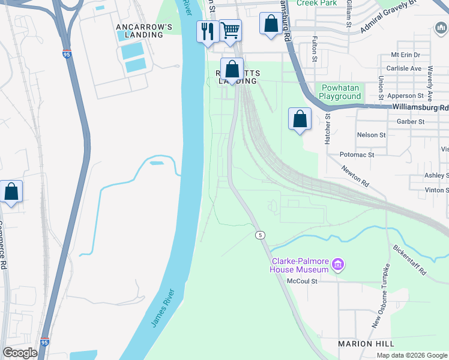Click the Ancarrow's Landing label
click(x=144, y=31)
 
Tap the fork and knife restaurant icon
click(x=208, y=32)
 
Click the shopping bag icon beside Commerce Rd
click(x=11, y=193)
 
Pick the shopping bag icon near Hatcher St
click(x=300, y=119)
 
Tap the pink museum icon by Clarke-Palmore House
click(x=338, y=265)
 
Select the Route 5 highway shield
click(x=259, y=234)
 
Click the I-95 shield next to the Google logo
click(x=46, y=341)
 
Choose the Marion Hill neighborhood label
click(x=366, y=343)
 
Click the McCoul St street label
click(x=318, y=280)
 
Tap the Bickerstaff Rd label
click(x=409, y=260)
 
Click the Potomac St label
click(x=358, y=154)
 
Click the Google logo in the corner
click(x=20, y=353)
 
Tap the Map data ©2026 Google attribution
click(x=411, y=355)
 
